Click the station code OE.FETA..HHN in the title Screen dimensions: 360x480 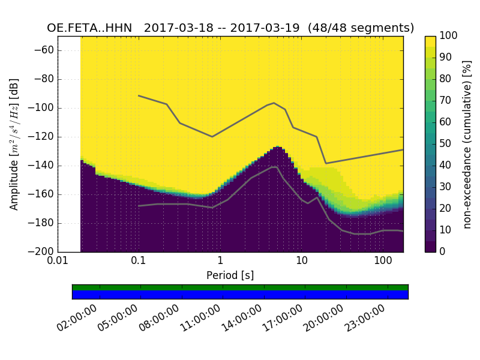[92, 28]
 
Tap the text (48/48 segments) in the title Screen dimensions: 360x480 [362, 28]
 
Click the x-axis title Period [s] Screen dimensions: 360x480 [230, 275]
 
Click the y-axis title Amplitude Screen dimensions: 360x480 [14, 144]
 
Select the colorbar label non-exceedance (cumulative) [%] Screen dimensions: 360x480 [467, 144]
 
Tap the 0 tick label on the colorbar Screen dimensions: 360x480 [442, 251]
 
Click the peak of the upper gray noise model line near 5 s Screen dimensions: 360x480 [274, 103]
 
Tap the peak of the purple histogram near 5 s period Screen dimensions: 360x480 [277, 148]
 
